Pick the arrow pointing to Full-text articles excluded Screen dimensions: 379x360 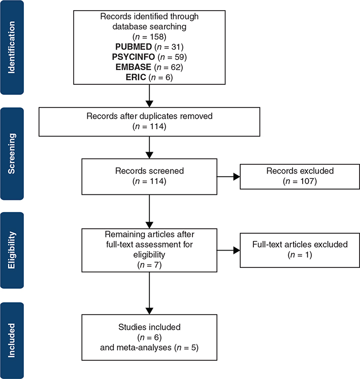(x=228, y=250)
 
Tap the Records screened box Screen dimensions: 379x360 (x=149, y=177)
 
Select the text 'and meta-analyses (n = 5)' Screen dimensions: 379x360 (x=149, y=348)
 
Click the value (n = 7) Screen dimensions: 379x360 (x=149, y=264)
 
